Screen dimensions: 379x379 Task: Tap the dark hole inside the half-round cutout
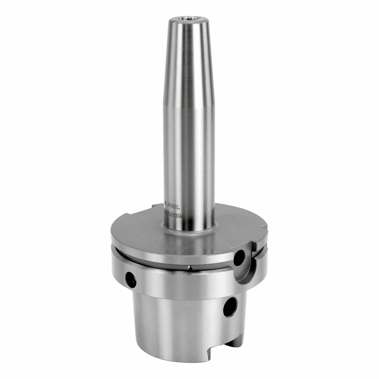pyautogui.click(x=240, y=256)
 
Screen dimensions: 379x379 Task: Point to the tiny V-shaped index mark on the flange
pyautogui.click(x=190, y=268)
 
